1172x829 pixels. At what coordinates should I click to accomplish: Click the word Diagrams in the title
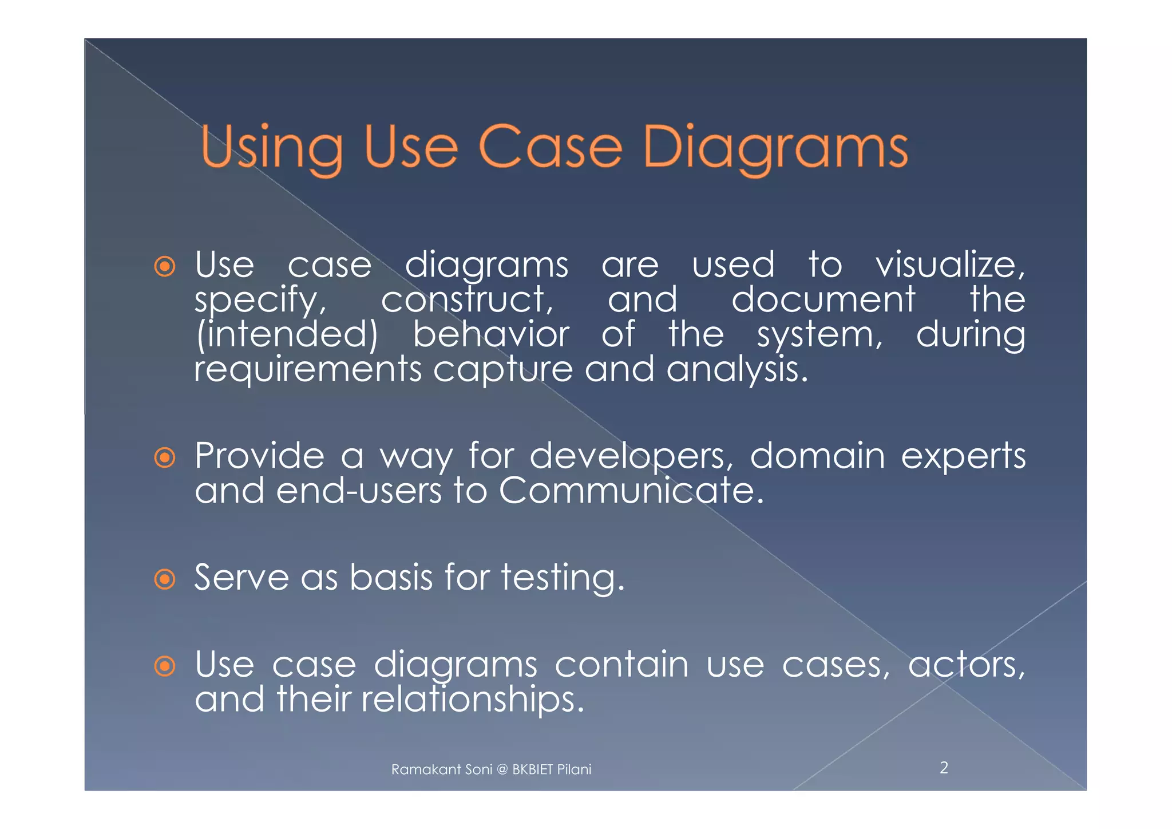pyautogui.click(x=775, y=148)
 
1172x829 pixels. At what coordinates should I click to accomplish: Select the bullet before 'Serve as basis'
pyautogui.click(x=165, y=579)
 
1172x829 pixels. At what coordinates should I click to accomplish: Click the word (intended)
pyautogui.click(x=286, y=335)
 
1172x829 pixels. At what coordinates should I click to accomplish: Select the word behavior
pyautogui.click(x=491, y=335)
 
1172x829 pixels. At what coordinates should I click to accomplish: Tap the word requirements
pyautogui.click(x=308, y=370)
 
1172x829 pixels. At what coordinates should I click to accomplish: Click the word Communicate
pyautogui.click(x=631, y=491)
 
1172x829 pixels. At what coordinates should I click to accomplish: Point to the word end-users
pyautogui.click(x=359, y=491)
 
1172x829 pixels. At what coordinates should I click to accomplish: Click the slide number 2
pyautogui.click(x=944, y=768)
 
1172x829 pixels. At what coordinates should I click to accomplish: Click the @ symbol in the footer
pyautogui.click(x=502, y=769)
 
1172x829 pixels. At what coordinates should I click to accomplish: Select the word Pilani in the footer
pyautogui.click(x=574, y=769)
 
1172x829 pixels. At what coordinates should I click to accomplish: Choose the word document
pyautogui.click(x=823, y=300)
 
